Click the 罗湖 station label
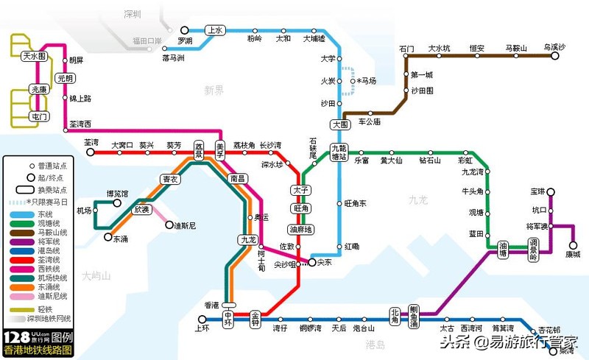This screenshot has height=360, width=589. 185,40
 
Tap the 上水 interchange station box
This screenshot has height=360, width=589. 215,31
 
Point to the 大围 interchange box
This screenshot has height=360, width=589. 340,124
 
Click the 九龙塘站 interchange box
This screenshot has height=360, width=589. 339,152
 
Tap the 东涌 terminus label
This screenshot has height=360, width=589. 121,238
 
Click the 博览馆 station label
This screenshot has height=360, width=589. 117,194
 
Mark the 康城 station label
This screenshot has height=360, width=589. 573,254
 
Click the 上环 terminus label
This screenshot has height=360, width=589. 202,328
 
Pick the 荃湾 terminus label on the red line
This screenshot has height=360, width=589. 91,142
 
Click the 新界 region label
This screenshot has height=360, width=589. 214,90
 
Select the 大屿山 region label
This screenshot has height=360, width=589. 96,276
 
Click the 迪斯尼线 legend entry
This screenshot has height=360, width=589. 52,296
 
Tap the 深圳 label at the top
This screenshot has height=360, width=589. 133,13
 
